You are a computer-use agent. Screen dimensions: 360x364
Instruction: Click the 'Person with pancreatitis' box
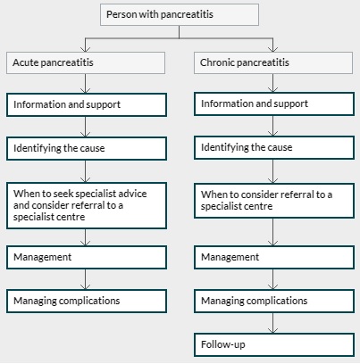[x=180, y=14]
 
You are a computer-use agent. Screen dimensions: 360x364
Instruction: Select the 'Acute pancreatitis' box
[x=86, y=62]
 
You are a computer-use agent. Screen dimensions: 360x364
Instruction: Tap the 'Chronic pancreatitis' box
[x=273, y=62]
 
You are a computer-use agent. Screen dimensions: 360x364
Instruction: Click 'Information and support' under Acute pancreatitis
[x=87, y=104]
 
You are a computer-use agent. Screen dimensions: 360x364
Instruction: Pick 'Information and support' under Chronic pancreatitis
[x=274, y=103]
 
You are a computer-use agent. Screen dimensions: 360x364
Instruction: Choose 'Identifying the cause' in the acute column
[x=87, y=148]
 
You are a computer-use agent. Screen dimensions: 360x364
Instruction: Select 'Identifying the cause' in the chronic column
[x=274, y=147]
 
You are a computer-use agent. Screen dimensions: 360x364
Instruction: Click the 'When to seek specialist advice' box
[x=87, y=205]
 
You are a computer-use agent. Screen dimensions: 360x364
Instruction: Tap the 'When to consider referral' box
[x=274, y=201]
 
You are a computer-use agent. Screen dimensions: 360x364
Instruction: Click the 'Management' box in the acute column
[x=87, y=257]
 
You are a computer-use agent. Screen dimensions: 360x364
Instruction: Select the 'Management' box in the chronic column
[x=274, y=257]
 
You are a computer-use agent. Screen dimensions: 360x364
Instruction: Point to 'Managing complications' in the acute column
[x=87, y=301]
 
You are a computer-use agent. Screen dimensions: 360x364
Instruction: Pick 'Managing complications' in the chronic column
[x=274, y=301]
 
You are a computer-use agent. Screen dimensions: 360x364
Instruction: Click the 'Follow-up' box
[x=274, y=344]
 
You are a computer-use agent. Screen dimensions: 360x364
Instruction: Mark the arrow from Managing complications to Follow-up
[x=273, y=323]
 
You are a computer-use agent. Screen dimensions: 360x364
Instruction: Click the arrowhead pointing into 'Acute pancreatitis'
[x=86, y=49]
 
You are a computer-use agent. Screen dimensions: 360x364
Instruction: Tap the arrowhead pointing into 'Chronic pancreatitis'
[x=273, y=49]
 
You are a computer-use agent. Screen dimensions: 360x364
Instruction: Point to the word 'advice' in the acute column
[x=132, y=194]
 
